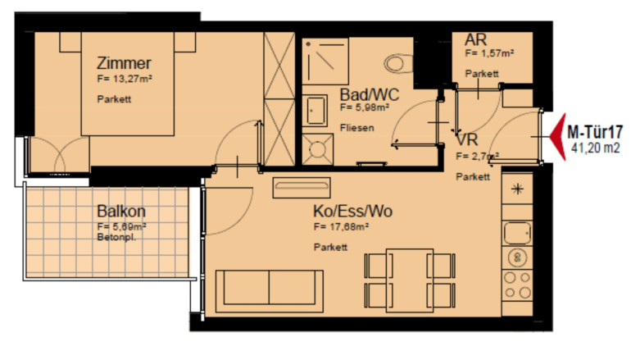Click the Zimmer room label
pos(124,63)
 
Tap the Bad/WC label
pos(370,94)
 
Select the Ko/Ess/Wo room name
pos(352,211)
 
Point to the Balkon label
pos(121,211)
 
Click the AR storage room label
pos(475,39)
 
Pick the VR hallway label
pos(467,139)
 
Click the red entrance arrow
pos(558,136)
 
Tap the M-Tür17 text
pos(595,132)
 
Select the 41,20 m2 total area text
pos(596,148)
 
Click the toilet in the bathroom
pos(398,64)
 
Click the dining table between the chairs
pos(410,280)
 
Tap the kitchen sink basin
pos(518,233)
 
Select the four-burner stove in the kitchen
pos(518,285)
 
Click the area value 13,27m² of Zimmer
pos(125,79)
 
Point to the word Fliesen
pos(357,128)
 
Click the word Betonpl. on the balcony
pos(116,238)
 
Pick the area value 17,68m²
pos(341,226)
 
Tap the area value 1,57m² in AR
pos(489,53)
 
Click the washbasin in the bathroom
pos(315,111)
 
